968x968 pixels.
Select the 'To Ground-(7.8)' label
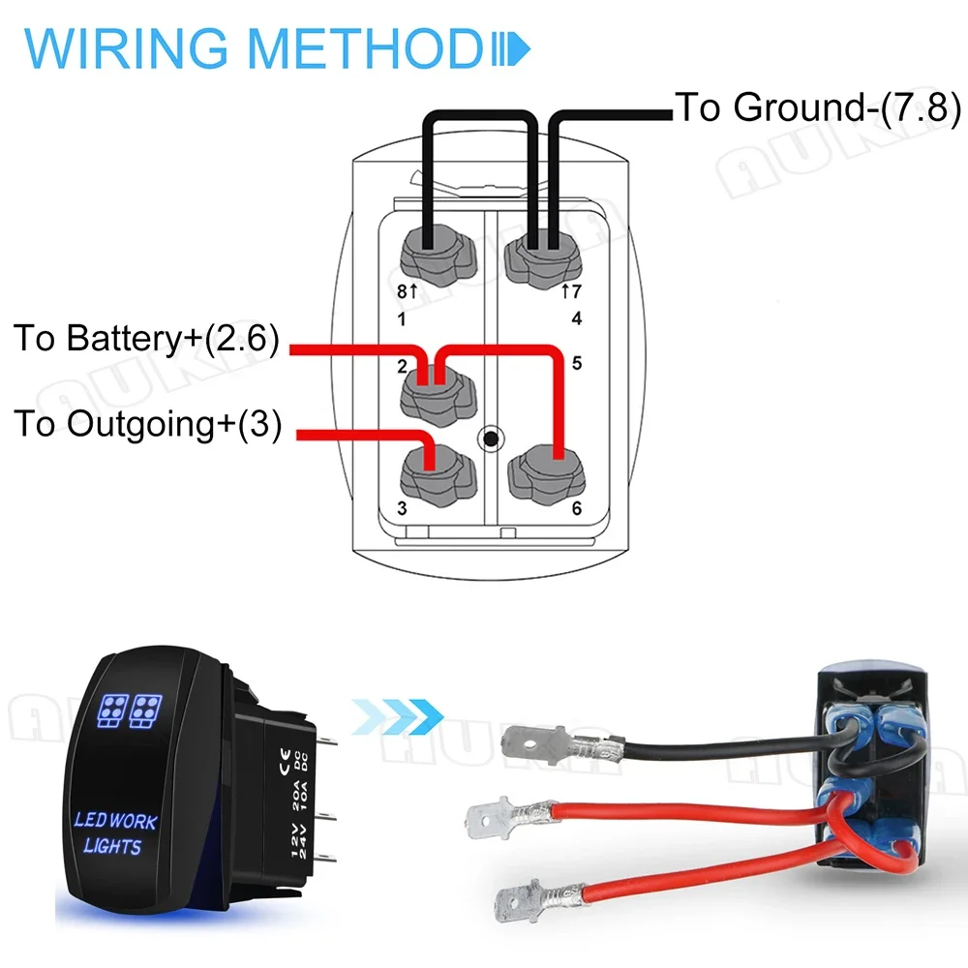(x=817, y=106)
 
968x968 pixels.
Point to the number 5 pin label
(x=577, y=365)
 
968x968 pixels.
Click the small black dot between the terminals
(x=491, y=439)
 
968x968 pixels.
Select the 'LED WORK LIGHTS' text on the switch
(x=114, y=833)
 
